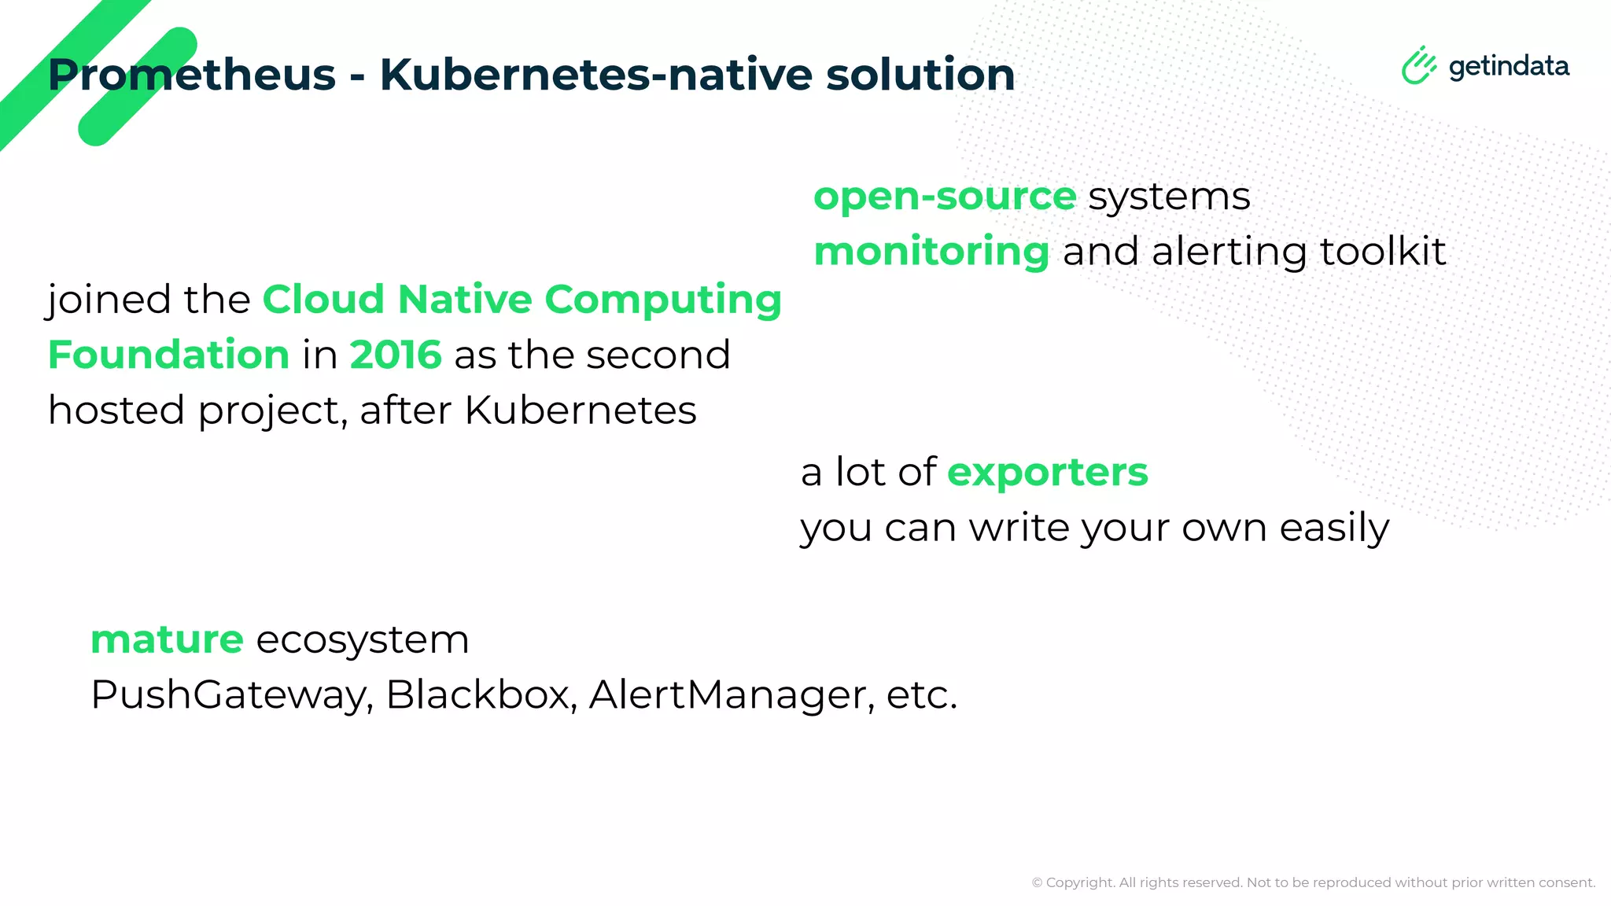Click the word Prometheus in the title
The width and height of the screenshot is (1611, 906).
click(x=192, y=75)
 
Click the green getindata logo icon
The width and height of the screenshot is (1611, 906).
click(x=1418, y=65)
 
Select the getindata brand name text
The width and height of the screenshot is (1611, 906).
click(x=1509, y=66)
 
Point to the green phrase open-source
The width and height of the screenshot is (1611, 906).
click(x=945, y=197)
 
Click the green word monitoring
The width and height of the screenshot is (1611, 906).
click(x=931, y=252)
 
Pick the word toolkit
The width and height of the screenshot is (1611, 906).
click(x=1382, y=252)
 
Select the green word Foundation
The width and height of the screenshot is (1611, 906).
click(x=168, y=355)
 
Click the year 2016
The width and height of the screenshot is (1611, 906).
click(x=395, y=355)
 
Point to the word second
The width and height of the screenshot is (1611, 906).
click(x=658, y=355)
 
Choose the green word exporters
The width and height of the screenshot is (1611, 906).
click(x=1047, y=473)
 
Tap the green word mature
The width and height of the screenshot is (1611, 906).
click(x=167, y=640)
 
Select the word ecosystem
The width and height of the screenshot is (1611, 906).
click(x=363, y=640)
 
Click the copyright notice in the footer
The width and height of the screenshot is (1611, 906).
click(x=1313, y=882)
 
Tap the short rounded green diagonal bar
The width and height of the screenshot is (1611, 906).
click(x=138, y=87)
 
